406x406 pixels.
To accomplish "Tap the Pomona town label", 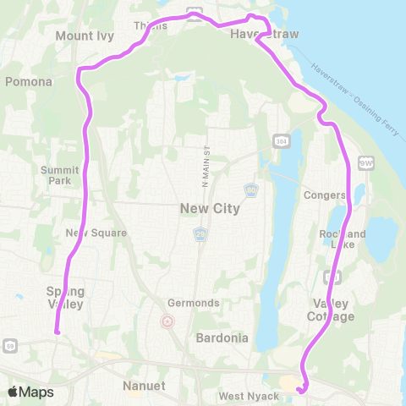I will pos(30,82).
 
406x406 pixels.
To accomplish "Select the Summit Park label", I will pos(60,175).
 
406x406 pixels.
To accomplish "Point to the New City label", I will pos(209,208).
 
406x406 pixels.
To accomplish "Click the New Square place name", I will pos(96,233).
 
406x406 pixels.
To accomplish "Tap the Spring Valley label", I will pos(65,297).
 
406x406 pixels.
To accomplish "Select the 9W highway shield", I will pos(365,162).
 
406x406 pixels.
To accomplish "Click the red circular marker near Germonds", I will pos(167,321).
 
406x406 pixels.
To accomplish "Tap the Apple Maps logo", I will pos(30,392).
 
